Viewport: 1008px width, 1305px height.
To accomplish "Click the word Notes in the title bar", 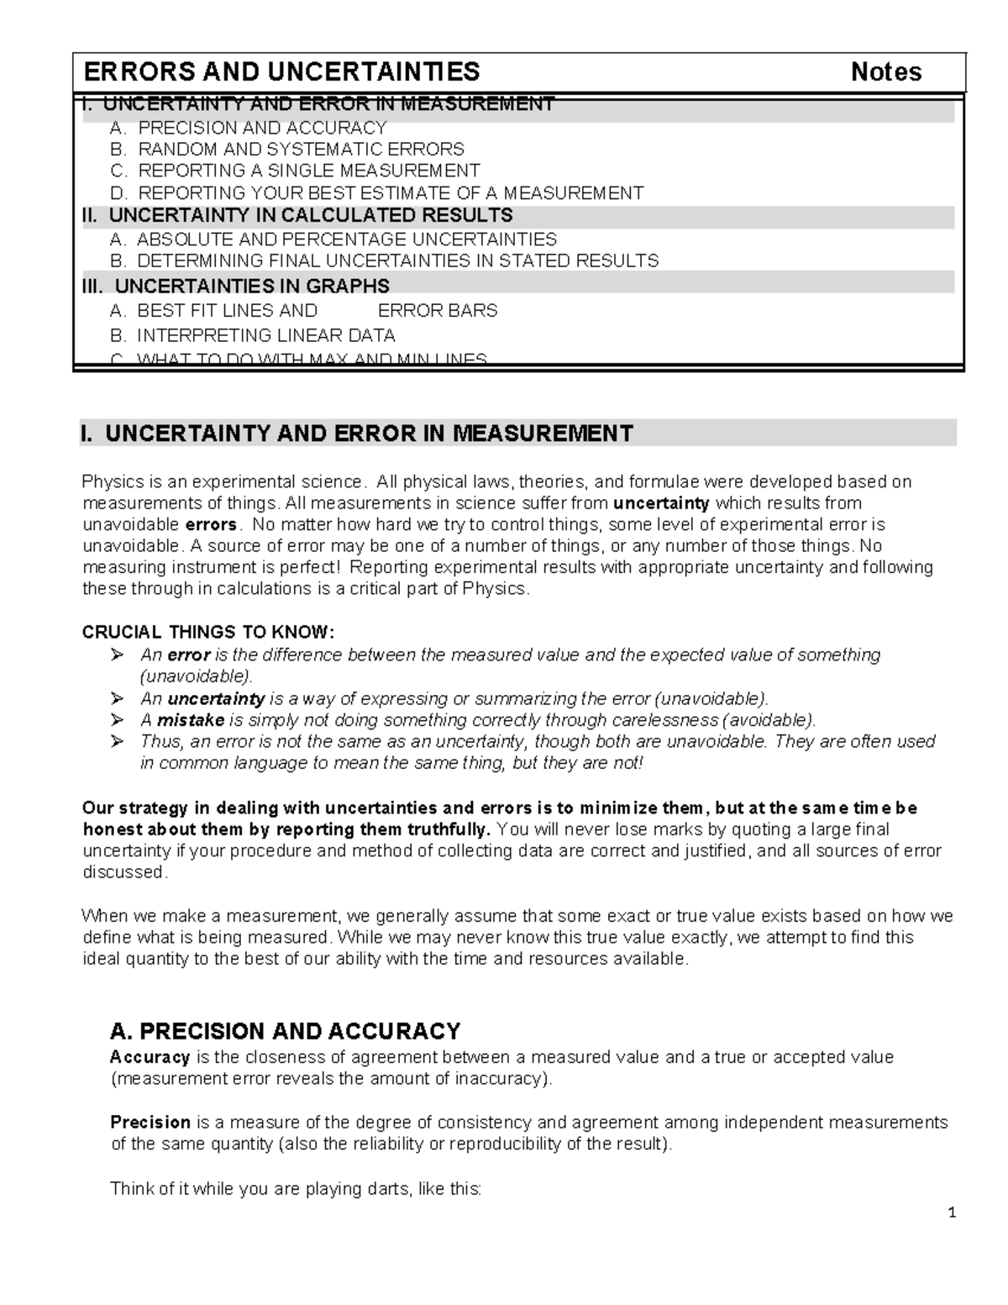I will pos(886,72).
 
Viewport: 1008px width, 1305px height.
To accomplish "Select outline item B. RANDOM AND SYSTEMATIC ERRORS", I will pos(287,150).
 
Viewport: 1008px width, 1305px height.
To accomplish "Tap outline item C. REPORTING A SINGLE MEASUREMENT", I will pos(295,171).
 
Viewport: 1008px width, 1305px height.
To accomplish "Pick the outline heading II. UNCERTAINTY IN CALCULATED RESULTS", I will pos(297,216).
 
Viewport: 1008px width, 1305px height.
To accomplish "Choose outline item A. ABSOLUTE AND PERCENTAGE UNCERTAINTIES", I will pos(333,239).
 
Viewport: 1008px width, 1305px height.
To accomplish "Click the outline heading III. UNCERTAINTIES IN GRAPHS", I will pos(235,286).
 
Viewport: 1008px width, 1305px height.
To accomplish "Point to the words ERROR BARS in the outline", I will pos(438,311).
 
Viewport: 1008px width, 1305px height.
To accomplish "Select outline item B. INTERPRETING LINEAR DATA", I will pos(253,335).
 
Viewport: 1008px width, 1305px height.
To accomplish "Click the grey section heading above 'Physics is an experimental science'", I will pos(357,434).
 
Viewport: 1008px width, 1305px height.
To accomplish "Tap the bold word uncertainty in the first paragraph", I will pos(662,503).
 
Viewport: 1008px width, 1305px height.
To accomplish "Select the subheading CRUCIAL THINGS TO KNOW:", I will pos(207,632).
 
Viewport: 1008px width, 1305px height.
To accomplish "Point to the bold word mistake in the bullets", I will pos(191,720).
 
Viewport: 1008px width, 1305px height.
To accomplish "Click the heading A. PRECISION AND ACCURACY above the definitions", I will pos(286,1031).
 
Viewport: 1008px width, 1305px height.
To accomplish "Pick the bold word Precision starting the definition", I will pos(150,1123).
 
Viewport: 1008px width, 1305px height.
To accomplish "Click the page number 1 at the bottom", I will pos(952,1213).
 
